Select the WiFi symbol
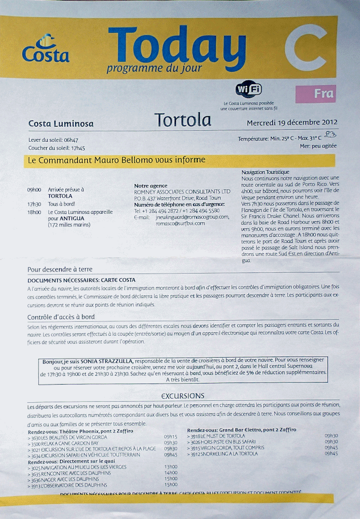248,89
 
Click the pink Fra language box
315,94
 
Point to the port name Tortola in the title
183,120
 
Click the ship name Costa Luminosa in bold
61,124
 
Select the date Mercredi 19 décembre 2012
292,122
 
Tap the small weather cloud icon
329,134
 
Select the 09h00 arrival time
34,190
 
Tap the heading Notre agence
150,186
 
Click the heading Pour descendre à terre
60,269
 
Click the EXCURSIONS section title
183,395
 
